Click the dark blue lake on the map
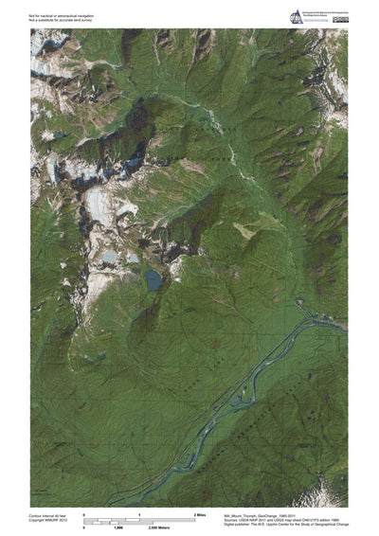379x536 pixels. click(x=153, y=279)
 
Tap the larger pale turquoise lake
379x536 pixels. click(x=110, y=257)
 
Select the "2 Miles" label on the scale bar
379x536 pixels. click(x=200, y=512)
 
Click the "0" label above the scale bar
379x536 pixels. click(x=85, y=512)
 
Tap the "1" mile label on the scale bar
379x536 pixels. click(x=140, y=512)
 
